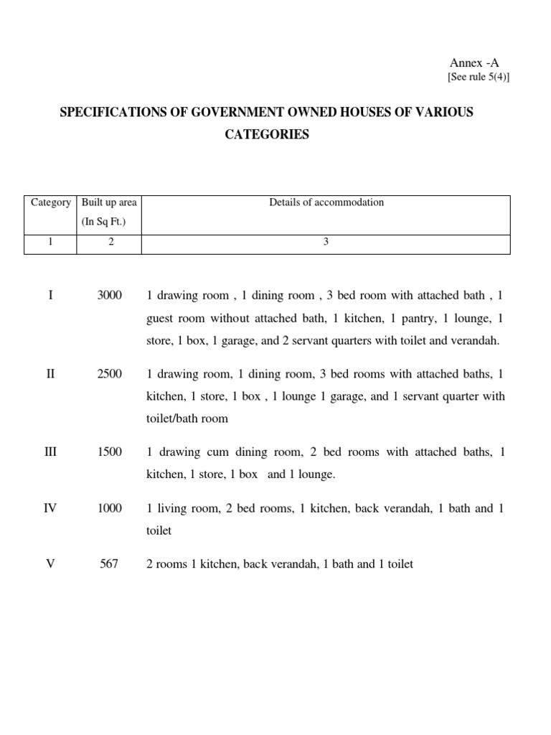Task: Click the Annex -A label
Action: (x=474, y=63)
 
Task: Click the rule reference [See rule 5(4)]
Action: (x=479, y=78)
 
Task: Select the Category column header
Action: (x=51, y=202)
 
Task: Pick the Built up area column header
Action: (x=109, y=202)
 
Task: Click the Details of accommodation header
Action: (x=326, y=202)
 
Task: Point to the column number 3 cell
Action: (x=326, y=242)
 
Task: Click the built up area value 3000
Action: (x=110, y=295)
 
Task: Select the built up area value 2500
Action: (x=110, y=374)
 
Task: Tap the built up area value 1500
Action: (x=110, y=452)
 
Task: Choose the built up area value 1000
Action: (x=110, y=508)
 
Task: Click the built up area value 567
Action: (x=110, y=564)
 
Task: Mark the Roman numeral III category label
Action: (x=50, y=452)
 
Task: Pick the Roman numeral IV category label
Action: (x=50, y=508)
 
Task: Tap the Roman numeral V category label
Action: (x=50, y=564)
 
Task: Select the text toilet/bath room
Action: (x=187, y=418)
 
